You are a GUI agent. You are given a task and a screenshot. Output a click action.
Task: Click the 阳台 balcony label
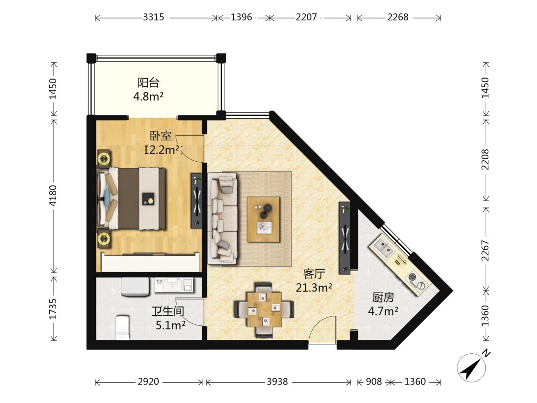(x=148, y=83)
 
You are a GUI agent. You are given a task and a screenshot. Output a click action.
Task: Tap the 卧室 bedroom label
(x=161, y=136)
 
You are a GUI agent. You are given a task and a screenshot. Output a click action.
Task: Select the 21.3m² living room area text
(x=314, y=288)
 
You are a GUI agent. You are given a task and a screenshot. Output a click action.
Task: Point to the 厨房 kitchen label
(x=383, y=297)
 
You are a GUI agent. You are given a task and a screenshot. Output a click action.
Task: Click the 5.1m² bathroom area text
(x=171, y=324)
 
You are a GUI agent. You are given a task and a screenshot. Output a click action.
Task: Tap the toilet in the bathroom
(x=122, y=327)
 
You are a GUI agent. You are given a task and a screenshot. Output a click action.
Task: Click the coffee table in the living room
(x=264, y=219)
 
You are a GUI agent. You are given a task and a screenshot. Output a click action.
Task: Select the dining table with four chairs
(x=264, y=309)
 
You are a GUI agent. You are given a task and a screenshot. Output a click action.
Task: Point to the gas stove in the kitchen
(x=417, y=280)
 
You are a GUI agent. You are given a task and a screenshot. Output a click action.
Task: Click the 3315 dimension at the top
(x=154, y=17)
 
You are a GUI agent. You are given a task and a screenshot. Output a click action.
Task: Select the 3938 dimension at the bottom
(x=277, y=382)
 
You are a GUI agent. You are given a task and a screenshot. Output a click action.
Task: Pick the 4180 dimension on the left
(x=53, y=196)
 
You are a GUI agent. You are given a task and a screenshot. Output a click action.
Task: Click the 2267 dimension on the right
(x=485, y=250)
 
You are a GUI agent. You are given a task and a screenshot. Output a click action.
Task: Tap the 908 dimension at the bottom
(x=373, y=382)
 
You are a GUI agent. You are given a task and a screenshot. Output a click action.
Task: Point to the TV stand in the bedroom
(x=196, y=201)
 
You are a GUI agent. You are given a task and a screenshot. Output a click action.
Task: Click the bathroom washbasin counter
(x=174, y=285)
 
